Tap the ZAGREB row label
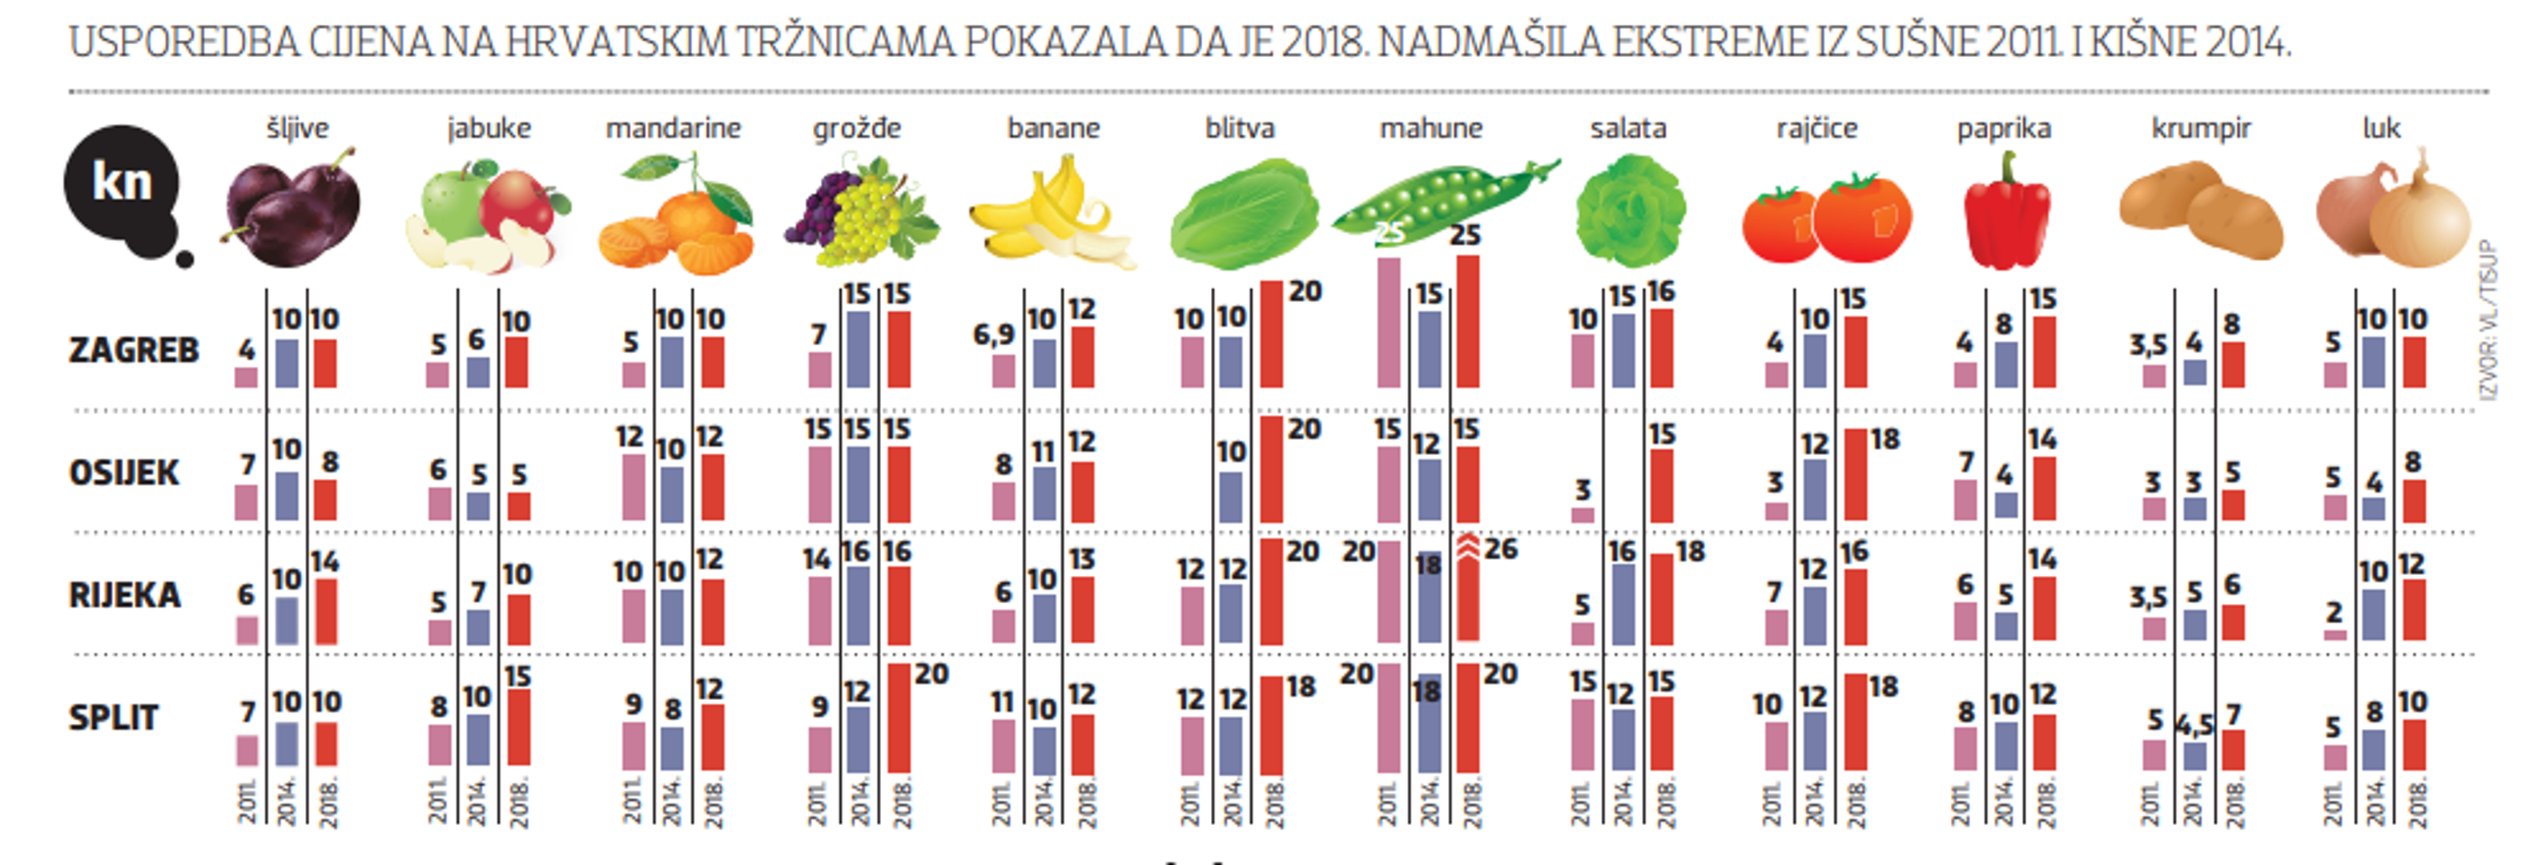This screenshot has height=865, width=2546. pyautogui.click(x=134, y=350)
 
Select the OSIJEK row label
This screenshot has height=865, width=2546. pyautogui.click(x=123, y=473)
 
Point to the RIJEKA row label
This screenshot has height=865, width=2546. pyautogui.click(x=124, y=595)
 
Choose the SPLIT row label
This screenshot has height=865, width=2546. pyautogui.click(x=113, y=718)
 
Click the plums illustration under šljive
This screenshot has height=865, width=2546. pyautogui.click(x=292, y=210)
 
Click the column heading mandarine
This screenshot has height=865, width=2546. pyautogui.click(x=673, y=128)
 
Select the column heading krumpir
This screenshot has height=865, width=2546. pyautogui.click(x=2201, y=128)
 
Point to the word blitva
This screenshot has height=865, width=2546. pyautogui.click(x=1240, y=128)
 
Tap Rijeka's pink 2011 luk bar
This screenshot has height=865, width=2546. pyautogui.click(x=2335, y=634)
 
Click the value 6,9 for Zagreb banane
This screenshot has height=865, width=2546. pyautogui.click(x=993, y=335)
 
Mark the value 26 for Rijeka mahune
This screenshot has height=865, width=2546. pyautogui.click(x=1500, y=549)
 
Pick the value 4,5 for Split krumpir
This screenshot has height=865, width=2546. pyautogui.click(x=2194, y=726)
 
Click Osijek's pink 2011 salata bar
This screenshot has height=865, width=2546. pyautogui.click(x=1583, y=514)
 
